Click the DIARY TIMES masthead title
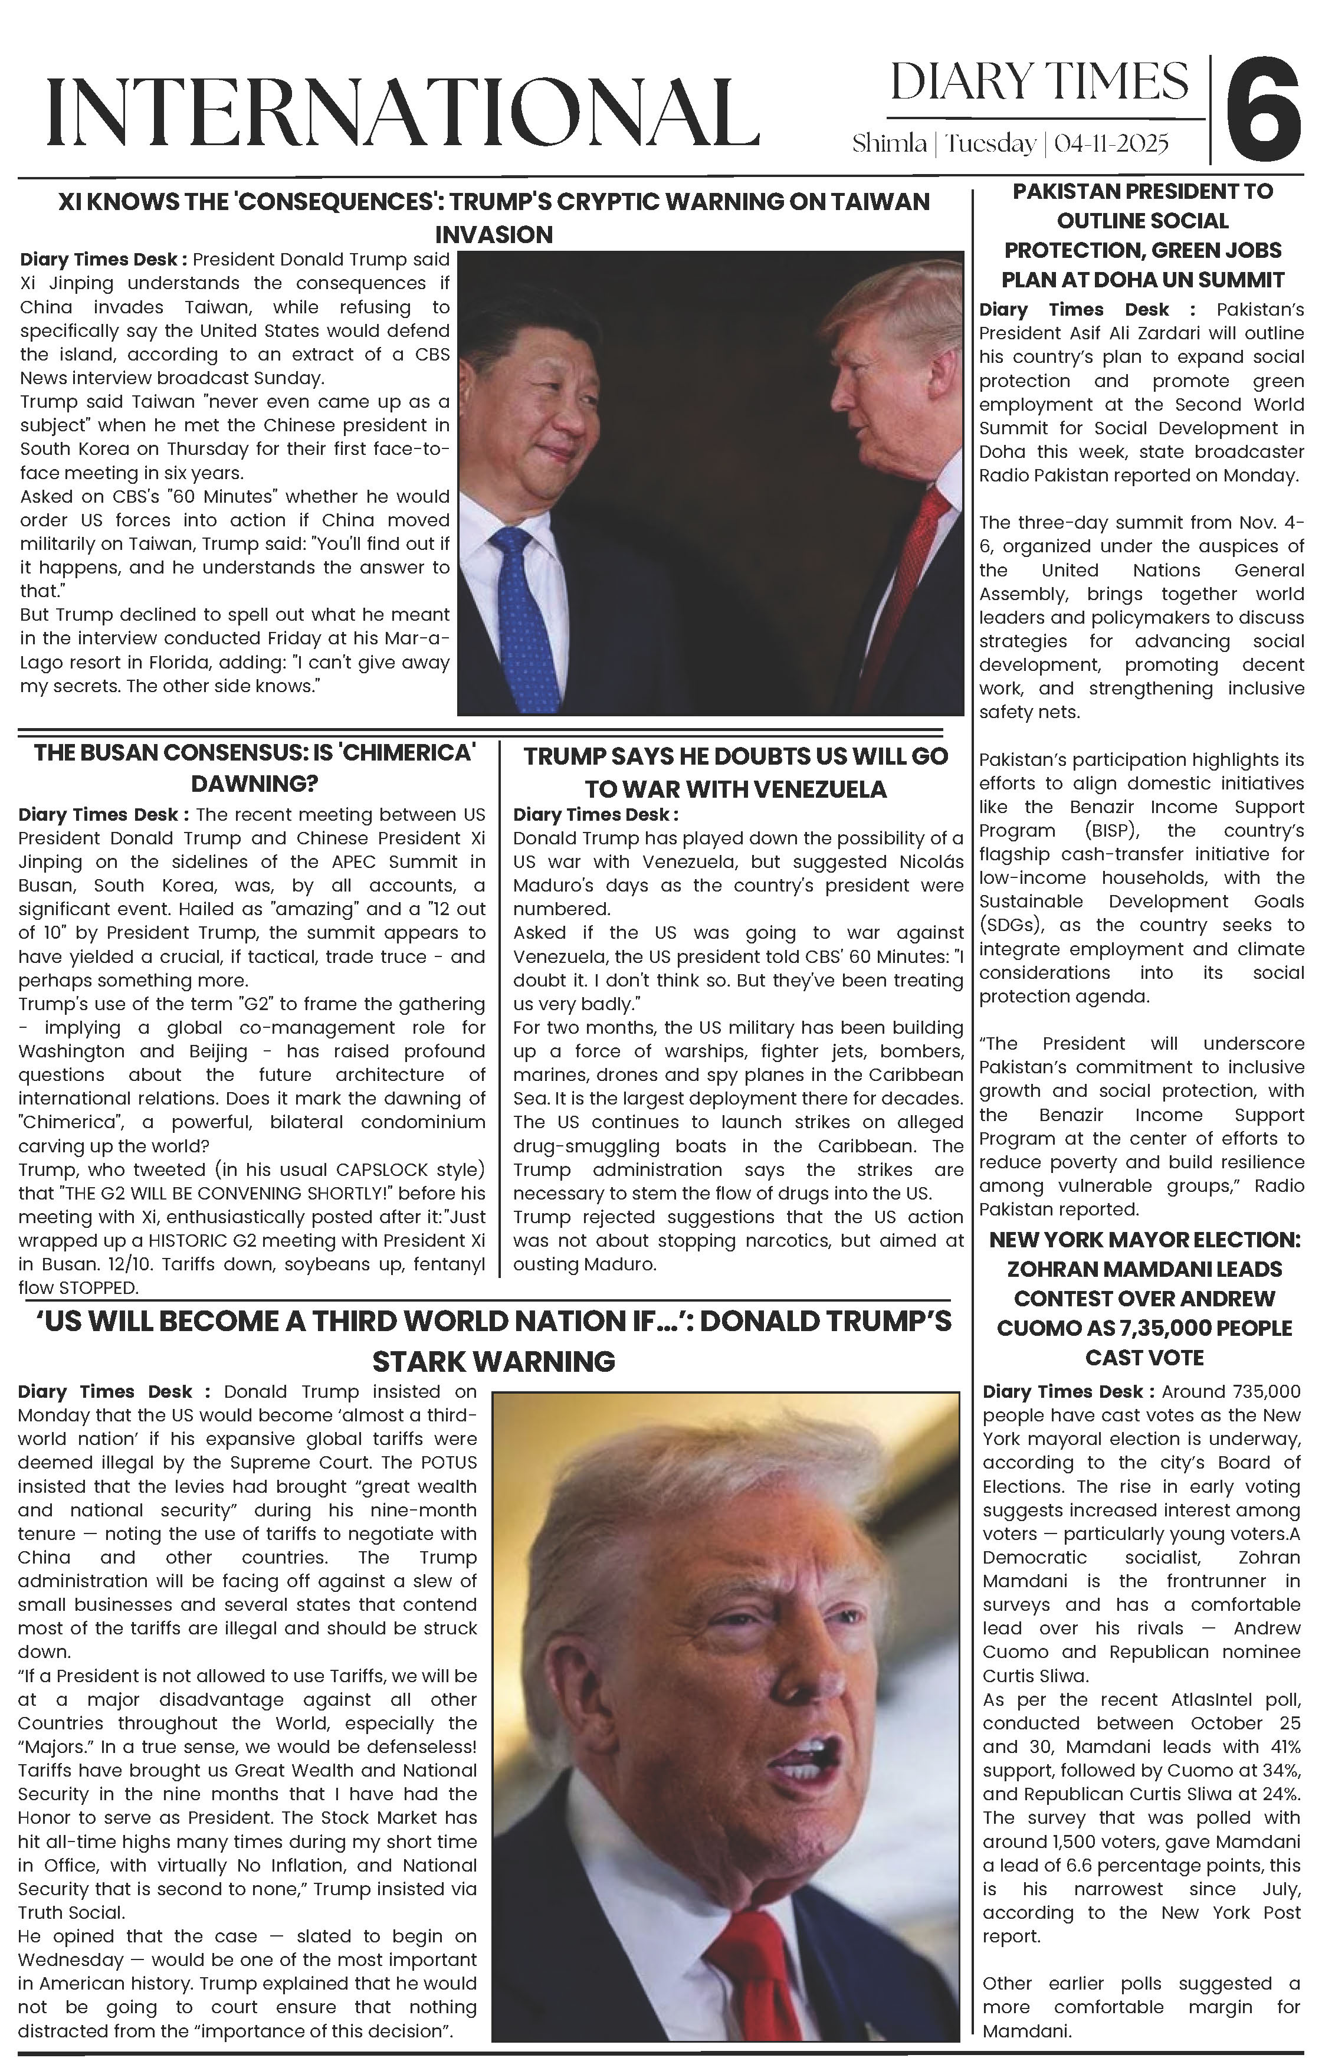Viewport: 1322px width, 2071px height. (1039, 83)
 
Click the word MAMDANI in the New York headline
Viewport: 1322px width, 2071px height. (1166, 1269)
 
